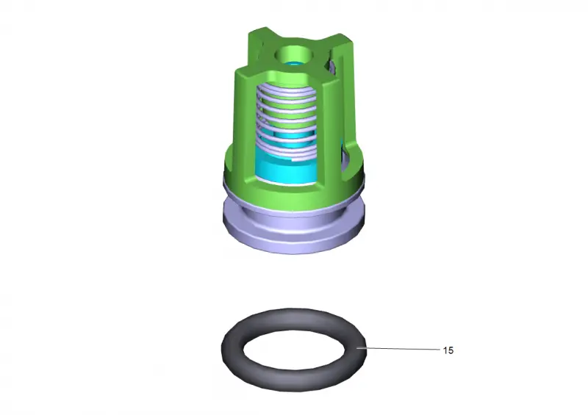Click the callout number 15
pos(448,350)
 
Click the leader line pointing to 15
pos(398,349)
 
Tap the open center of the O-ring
pos(293,350)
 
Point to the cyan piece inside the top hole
pos(294,62)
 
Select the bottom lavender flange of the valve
pos(293,232)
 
